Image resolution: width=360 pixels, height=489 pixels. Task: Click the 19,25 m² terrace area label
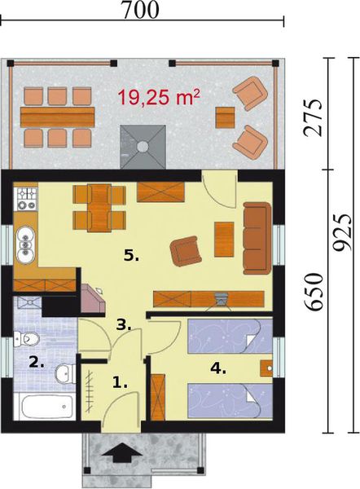coord(160,99)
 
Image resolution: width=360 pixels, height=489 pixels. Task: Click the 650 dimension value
coord(313,292)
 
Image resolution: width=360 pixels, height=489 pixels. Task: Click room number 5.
coord(131,255)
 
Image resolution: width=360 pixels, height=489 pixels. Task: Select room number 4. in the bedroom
coord(217,368)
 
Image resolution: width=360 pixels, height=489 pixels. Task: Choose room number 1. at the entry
coord(119,381)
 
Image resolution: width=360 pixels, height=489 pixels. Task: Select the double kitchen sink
coord(27,240)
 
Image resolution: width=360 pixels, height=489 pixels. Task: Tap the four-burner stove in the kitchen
coord(26,196)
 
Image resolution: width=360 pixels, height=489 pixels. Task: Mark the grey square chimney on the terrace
coord(143,147)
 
